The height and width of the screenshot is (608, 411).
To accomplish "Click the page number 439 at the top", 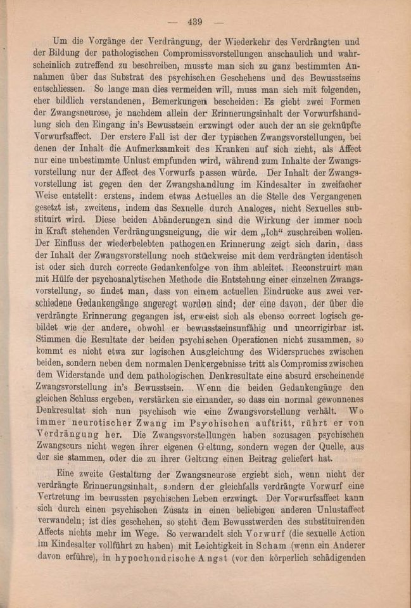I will click(194, 22).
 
